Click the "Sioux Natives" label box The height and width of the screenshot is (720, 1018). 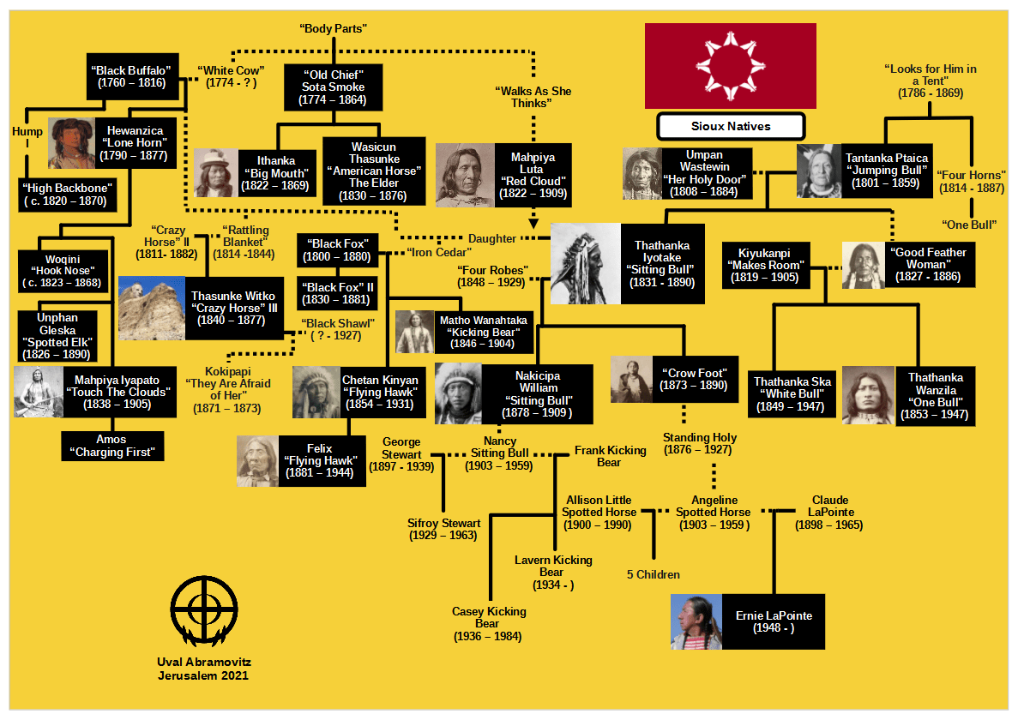[x=731, y=127]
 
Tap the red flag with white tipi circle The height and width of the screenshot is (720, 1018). [x=730, y=66]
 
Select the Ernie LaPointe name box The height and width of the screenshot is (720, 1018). [x=774, y=621]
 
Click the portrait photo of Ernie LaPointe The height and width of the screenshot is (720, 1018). [x=696, y=621]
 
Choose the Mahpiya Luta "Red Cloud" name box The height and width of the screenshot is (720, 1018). [x=533, y=176]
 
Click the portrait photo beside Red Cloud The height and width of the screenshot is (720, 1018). [x=465, y=176]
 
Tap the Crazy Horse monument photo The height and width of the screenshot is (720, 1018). [x=151, y=309]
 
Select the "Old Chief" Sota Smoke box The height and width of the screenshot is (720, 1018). [x=333, y=87]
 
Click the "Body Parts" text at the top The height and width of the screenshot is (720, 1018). [x=334, y=29]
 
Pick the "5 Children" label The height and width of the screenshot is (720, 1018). [x=654, y=575]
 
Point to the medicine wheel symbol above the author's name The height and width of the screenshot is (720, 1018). [x=203, y=611]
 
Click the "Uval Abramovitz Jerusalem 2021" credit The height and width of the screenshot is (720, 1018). [x=203, y=669]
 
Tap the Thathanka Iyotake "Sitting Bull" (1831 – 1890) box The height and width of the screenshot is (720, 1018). [x=662, y=264]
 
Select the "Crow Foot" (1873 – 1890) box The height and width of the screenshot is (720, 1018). [x=694, y=379]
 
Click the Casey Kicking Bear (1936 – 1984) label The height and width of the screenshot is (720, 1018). [x=489, y=624]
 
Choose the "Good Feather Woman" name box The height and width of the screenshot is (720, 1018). [x=927, y=265]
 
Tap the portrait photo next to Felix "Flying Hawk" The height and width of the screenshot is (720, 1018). [x=257, y=461]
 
